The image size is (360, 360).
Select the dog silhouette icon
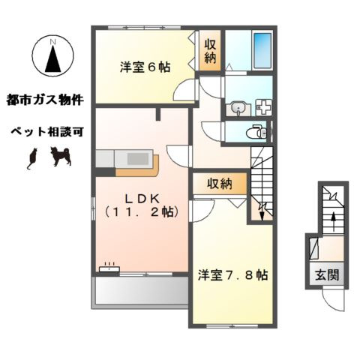click(x=60, y=157)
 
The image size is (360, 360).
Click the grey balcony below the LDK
click(x=139, y=292)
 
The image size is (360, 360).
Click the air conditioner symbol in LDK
click(x=109, y=266)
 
